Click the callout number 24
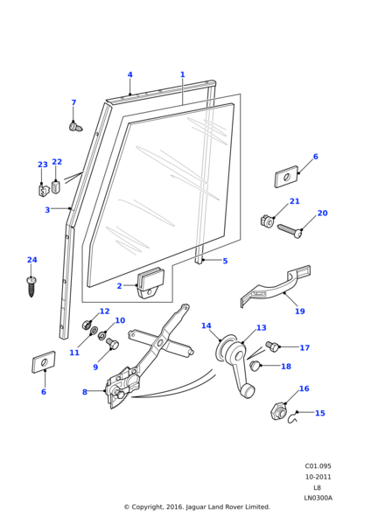click(31, 260)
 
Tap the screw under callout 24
click(31, 285)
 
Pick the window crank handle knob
click(248, 390)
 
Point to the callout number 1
click(182, 74)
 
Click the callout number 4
click(129, 74)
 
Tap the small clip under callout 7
click(75, 128)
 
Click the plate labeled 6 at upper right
click(286, 177)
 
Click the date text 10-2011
click(318, 477)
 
